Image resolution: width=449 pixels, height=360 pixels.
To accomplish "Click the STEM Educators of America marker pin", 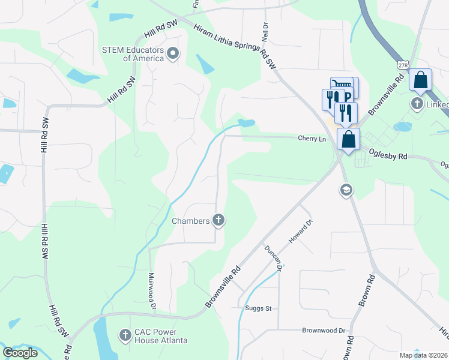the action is (x=173, y=55).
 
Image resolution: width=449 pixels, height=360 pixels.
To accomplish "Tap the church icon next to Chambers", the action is (x=218, y=221).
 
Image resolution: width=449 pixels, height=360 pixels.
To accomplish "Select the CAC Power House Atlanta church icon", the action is (x=125, y=334).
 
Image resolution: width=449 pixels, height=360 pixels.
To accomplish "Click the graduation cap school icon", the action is (x=346, y=191).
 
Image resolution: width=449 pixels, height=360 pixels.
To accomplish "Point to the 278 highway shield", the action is (x=402, y=64).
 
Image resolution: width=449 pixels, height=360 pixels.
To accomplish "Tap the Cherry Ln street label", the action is (x=312, y=139).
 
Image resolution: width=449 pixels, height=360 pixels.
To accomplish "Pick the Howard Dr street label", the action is (x=301, y=231).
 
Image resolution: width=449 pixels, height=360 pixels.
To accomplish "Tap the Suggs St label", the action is (x=258, y=308).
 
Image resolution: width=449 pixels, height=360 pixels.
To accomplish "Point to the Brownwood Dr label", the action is (x=324, y=331).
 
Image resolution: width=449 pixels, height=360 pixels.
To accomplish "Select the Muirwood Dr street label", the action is (x=152, y=292).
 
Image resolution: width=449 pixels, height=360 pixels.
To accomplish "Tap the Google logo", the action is (x=20, y=352).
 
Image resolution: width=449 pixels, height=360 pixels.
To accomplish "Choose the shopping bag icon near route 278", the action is (x=421, y=80).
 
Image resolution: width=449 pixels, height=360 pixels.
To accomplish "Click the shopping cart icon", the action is (x=340, y=86).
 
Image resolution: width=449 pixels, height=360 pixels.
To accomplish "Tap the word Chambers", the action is (x=191, y=221).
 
